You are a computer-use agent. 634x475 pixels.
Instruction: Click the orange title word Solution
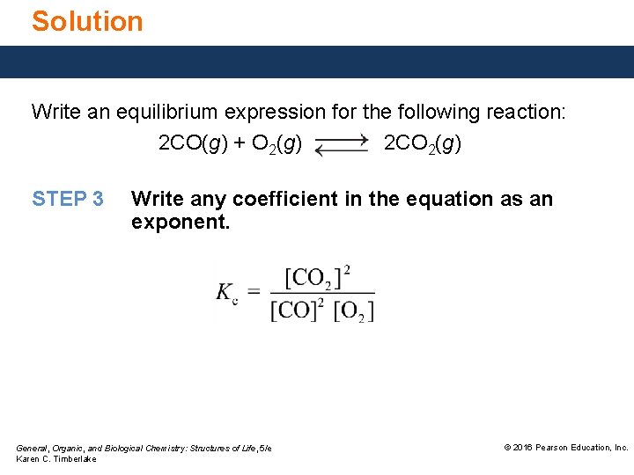87,21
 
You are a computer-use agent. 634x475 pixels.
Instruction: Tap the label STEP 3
68,199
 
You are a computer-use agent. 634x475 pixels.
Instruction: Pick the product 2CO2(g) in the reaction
423,143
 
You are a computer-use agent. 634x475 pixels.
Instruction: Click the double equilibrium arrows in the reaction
342,145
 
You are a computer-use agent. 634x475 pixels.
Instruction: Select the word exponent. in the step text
181,223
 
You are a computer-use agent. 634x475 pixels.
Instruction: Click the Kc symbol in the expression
227,294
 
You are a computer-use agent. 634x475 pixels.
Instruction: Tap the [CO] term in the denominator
293,311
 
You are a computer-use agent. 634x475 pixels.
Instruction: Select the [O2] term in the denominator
354,311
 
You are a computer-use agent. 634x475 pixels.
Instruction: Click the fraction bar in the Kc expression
322,293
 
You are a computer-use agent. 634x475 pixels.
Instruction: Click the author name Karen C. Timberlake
56,459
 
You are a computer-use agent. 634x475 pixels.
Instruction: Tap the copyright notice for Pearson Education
565,448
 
